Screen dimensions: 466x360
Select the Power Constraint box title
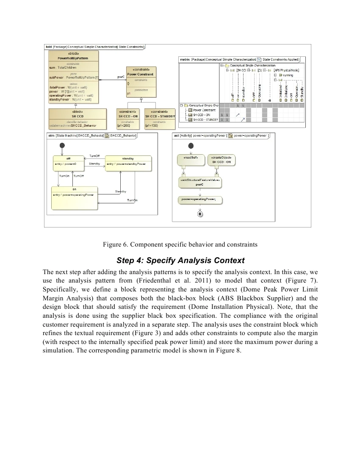point(141,74)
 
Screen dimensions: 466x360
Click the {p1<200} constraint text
point(124,125)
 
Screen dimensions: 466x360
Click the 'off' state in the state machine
point(69,158)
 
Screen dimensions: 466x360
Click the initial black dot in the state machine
point(62,145)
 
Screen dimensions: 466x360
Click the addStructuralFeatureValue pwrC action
point(199,183)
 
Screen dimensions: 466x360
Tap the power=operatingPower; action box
point(199,199)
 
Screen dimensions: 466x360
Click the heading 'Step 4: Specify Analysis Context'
point(180,260)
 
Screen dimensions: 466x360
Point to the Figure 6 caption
point(180,244)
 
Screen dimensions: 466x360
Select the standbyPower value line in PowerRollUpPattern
point(70,99)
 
